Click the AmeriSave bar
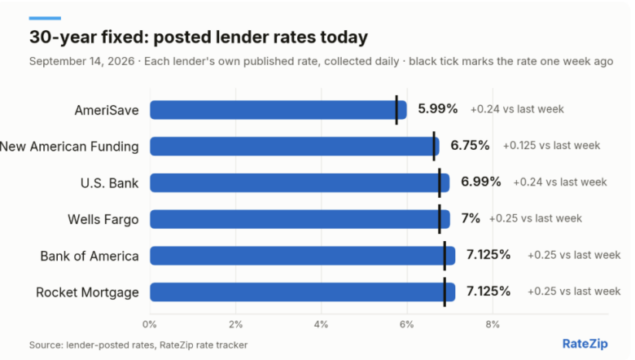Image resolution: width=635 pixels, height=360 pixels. point(278,110)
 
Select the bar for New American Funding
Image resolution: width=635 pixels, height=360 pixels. point(295,146)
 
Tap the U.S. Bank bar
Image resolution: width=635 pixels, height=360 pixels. point(300,182)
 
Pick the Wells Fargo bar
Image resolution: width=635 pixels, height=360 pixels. point(300,219)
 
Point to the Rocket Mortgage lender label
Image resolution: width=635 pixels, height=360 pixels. point(87,292)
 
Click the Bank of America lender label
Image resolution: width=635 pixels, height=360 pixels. point(90,256)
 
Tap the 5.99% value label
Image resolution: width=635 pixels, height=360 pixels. point(438,109)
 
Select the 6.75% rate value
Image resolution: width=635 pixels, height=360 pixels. point(471,145)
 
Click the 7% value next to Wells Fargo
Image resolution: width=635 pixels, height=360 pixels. point(471,218)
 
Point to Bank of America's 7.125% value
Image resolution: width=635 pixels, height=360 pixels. point(488,255)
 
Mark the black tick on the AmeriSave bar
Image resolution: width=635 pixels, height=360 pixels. point(396,110)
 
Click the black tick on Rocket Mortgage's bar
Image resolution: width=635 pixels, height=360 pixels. point(444,292)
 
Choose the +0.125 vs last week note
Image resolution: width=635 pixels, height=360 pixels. point(551,146)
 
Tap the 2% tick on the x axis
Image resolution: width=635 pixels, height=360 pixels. point(236,324)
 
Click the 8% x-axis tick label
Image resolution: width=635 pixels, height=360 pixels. point(493,324)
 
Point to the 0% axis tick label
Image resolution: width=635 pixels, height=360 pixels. point(150,324)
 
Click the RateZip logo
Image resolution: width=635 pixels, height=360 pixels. point(585,344)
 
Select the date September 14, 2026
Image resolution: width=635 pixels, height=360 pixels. point(81,62)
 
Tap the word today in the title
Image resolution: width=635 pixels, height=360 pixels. point(344,37)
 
